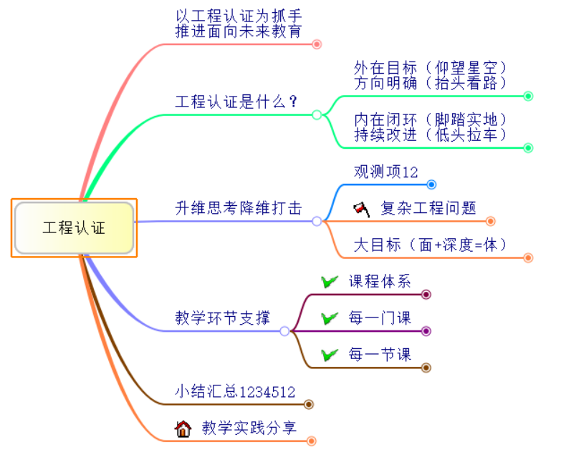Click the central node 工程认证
[x=74, y=228]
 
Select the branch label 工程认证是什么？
[x=236, y=102]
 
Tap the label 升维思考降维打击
[x=238, y=209]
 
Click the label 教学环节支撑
[x=222, y=318]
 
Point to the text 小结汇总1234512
[x=235, y=391]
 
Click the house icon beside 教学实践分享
[x=183, y=428]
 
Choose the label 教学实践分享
[x=249, y=428]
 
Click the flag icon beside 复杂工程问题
[x=361, y=209]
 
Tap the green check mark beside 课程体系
[x=330, y=282]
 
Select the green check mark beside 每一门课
[x=330, y=318]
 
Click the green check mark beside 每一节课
[x=330, y=355]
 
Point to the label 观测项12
[x=385, y=172]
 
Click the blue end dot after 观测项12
[x=431, y=185]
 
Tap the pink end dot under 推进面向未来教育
[x=317, y=44]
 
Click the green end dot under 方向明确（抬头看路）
[x=528, y=96]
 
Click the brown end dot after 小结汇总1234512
[x=309, y=404]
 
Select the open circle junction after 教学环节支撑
[x=284, y=331]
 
